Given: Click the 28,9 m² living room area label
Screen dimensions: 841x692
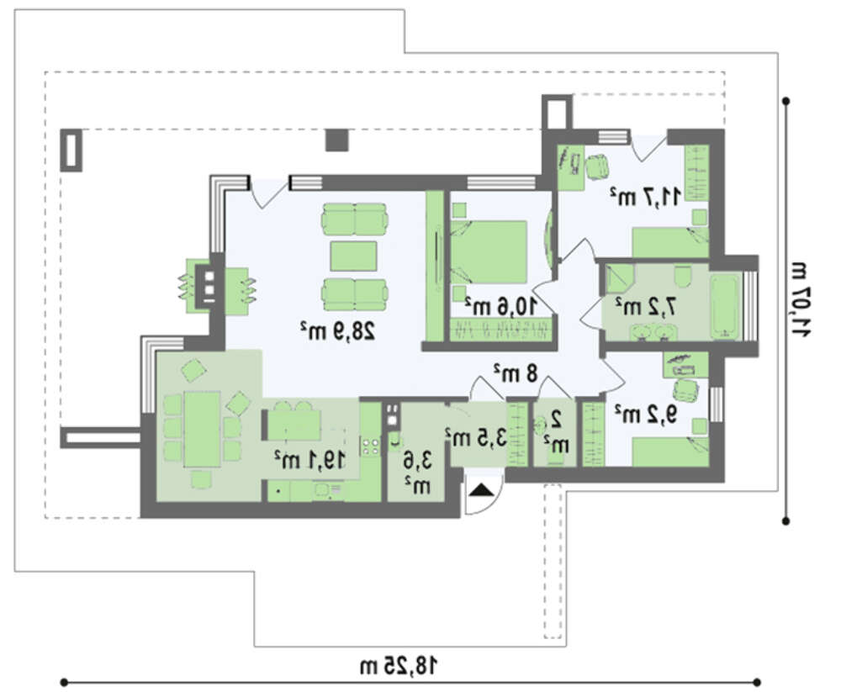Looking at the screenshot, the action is (x=337, y=331).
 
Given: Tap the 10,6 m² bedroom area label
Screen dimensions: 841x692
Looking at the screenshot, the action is (x=500, y=306).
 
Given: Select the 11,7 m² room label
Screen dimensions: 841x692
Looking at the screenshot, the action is (x=646, y=197).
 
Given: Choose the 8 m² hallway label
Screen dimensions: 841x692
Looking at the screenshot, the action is (x=516, y=372).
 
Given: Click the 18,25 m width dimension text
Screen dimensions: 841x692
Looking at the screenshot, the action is (x=399, y=666).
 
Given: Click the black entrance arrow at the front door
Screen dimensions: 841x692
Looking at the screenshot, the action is (x=482, y=490).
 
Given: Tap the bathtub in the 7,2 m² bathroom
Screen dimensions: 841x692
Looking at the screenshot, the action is (x=725, y=308).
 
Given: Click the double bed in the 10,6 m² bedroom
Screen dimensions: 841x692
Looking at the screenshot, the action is (x=489, y=251).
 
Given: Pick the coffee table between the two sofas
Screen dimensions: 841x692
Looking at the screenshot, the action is (x=353, y=256).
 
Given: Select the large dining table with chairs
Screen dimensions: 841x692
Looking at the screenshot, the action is (x=202, y=430).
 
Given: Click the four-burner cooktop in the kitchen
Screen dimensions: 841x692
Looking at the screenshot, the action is (x=371, y=446).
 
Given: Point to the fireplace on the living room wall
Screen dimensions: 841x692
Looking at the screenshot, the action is (x=209, y=285).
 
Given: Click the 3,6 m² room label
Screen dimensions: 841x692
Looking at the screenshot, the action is (x=417, y=472).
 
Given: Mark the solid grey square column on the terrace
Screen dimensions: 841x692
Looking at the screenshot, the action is (x=337, y=140).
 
